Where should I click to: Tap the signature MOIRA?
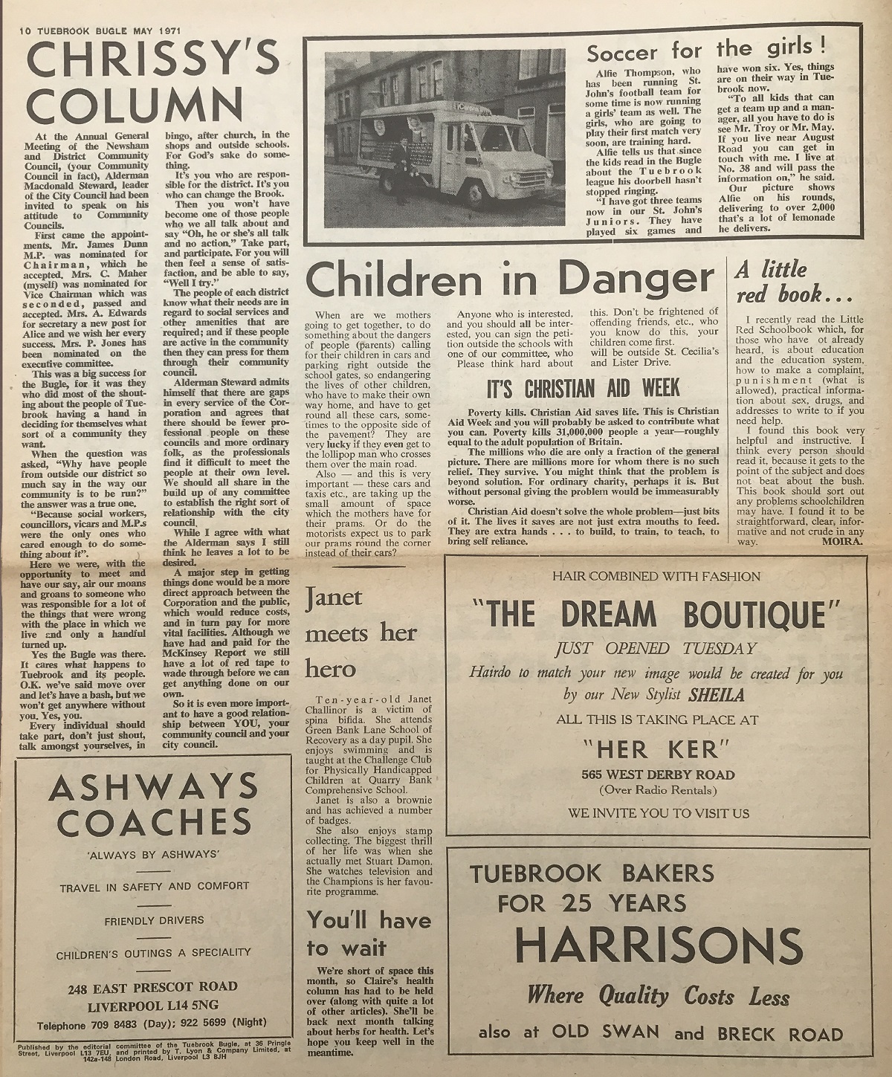point(844,541)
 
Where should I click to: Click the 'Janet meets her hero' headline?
point(362,632)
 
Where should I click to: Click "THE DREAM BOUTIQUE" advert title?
point(656,615)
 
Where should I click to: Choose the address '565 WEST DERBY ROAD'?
point(659,774)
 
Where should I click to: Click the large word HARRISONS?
point(659,946)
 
